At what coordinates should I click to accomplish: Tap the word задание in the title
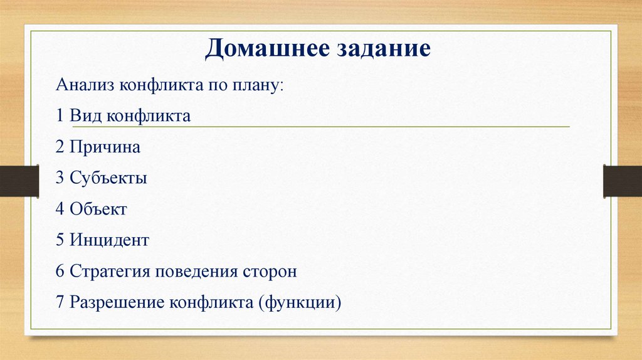[x=383, y=49]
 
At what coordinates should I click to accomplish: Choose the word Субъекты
[x=108, y=178]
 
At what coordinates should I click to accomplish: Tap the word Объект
[x=98, y=209]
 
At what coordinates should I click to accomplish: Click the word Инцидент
[x=109, y=240]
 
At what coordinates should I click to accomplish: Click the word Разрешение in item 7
[x=117, y=303]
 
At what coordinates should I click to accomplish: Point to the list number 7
[x=60, y=303]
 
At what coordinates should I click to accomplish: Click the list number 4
[x=60, y=209]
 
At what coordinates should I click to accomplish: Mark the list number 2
[x=60, y=147]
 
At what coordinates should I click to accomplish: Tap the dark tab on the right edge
[x=622, y=181]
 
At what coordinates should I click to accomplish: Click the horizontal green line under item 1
[x=376, y=127]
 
